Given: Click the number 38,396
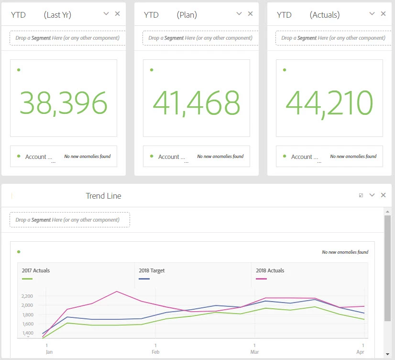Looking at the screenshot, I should click(x=63, y=103).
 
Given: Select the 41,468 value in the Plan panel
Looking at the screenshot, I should click(x=196, y=103).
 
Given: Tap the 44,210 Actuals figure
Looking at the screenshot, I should click(x=329, y=103).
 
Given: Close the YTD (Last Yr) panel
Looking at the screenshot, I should click(x=118, y=14).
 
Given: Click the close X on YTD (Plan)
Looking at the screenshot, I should click(x=251, y=14).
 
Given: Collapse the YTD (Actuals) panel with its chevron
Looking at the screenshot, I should click(x=372, y=14).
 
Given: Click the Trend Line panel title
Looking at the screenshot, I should click(x=103, y=196).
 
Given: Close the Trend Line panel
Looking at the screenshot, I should click(x=383, y=195).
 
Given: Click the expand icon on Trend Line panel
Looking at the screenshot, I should click(x=361, y=195).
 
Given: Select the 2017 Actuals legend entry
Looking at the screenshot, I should click(x=36, y=270).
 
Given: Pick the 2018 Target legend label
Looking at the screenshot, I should click(x=152, y=270).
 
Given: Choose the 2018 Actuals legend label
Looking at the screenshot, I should click(x=270, y=270).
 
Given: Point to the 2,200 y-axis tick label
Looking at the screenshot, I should click(x=27, y=296).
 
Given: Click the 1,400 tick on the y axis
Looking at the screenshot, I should click(x=27, y=333).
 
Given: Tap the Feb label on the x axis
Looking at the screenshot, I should click(x=155, y=351).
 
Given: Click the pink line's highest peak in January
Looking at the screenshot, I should click(x=117, y=292).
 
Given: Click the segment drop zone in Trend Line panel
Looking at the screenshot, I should click(x=70, y=220).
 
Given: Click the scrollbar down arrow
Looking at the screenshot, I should click(x=387, y=354).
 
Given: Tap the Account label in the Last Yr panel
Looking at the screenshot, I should click(x=36, y=157).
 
